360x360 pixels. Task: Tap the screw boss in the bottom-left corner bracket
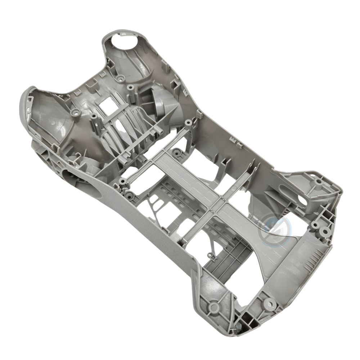[x=213, y=307]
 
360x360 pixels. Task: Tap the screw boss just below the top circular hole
[x=119, y=78]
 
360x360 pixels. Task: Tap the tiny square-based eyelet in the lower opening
[x=210, y=255]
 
